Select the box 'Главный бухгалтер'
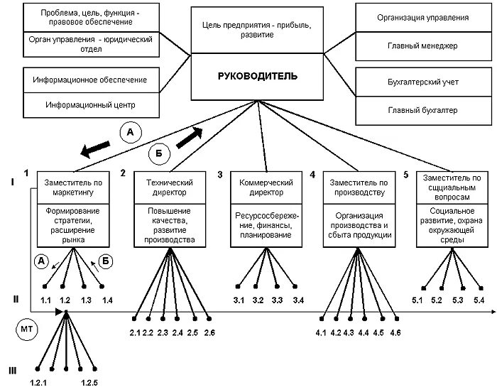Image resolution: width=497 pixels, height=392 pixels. [422, 110]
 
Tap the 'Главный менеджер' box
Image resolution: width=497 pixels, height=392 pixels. [422, 46]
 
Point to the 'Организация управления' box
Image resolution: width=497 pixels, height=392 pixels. [422, 17]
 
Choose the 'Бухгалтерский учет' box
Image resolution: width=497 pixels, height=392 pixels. [422, 83]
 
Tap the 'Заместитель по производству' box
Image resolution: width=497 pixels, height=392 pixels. [357, 187]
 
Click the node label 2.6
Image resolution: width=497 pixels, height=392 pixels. [209, 333]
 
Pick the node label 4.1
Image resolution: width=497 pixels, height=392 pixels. [321, 333]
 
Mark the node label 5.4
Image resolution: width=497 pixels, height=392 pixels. [479, 301]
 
